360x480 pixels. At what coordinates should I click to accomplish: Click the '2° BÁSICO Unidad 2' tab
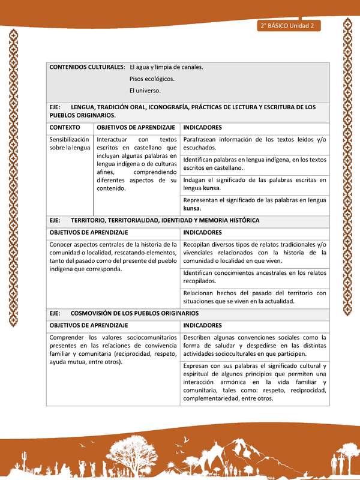click(x=289, y=26)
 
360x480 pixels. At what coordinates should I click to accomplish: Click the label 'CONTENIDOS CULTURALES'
click(x=86, y=67)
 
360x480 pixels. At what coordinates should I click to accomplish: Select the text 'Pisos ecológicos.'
click(x=152, y=79)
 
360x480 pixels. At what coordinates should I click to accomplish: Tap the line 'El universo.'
click(x=145, y=91)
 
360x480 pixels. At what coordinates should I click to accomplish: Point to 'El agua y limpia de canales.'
click(x=166, y=67)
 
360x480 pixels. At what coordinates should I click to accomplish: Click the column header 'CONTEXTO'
click(x=64, y=128)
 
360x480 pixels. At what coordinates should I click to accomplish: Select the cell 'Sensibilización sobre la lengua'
click(x=70, y=143)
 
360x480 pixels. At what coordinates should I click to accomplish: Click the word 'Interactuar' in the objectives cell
click(x=112, y=140)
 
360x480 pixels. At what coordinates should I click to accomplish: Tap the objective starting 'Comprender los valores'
click(x=113, y=349)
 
